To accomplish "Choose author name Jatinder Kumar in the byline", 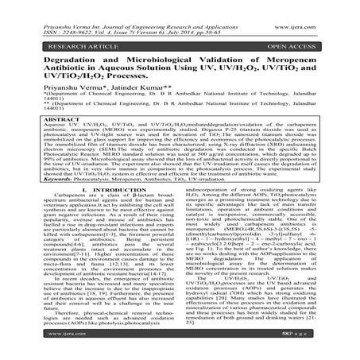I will (x=144, y=90).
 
